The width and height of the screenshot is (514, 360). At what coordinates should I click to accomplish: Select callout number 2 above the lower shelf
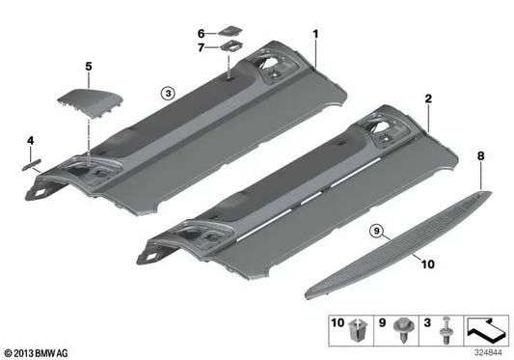click(x=427, y=98)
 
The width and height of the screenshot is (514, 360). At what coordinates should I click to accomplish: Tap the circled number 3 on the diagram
click(x=167, y=94)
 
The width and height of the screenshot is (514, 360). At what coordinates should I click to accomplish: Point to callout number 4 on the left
click(x=30, y=141)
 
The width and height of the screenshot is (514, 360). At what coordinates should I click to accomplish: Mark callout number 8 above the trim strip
click(x=480, y=153)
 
